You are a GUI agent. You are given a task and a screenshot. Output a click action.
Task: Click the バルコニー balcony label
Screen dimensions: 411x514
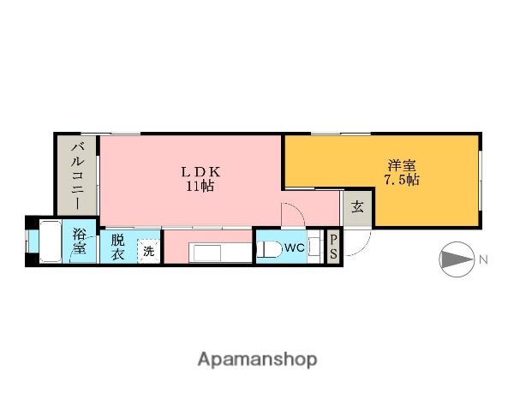coord(77,177)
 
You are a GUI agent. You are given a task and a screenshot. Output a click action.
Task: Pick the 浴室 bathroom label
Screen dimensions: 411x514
coord(80,241)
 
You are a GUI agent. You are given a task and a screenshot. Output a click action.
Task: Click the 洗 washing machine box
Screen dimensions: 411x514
coord(148,251)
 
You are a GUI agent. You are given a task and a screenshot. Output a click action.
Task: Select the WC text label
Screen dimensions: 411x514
coord(295,248)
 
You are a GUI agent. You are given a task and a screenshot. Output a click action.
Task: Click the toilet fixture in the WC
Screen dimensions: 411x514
coord(269,249)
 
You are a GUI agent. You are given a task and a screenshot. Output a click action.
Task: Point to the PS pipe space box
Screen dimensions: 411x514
coord(333,247)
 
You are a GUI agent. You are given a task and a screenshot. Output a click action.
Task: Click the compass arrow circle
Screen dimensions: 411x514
coord(454,259)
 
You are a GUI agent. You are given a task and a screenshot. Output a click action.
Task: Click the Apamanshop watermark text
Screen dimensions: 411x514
coord(257,359)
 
